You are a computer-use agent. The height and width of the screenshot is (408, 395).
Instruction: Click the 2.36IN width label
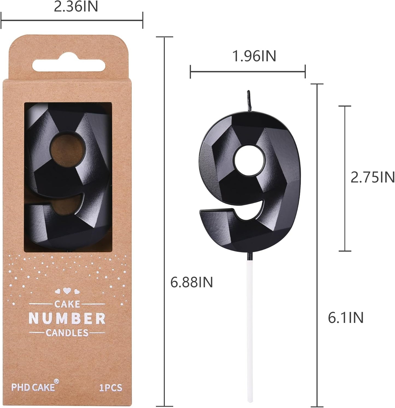pyautogui.click(x=76, y=7)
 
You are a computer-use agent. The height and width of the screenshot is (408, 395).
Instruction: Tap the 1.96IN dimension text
pyautogui.click(x=254, y=56)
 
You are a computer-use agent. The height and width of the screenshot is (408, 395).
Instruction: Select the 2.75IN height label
pyautogui.click(x=372, y=177)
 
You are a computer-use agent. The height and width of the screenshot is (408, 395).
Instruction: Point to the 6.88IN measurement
pyautogui.click(x=191, y=282)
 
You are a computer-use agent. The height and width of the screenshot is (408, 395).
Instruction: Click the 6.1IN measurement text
pyautogui.click(x=346, y=318)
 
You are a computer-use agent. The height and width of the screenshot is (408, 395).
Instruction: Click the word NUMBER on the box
pyautogui.click(x=67, y=318)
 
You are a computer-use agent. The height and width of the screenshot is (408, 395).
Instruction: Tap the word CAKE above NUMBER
pyautogui.click(x=67, y=304)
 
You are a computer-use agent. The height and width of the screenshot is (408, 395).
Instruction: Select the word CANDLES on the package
pyautogui.click(x=67, y=333)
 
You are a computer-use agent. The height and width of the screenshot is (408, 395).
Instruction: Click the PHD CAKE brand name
pyautogui.click(x=33, y=387)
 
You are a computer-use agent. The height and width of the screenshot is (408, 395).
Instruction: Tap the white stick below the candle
pyautogui.click(x=249, y=328)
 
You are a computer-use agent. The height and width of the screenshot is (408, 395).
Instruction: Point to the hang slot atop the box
pyautogui.click(x=69, y=66)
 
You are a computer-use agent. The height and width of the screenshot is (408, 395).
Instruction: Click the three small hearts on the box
pyautogui.click(x=67, y=291)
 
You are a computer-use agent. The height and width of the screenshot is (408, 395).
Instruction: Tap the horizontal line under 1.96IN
pyautogui.click(x=248, y=72)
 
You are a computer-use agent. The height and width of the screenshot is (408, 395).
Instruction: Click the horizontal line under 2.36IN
pyautogui.click(x=72, y=20)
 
